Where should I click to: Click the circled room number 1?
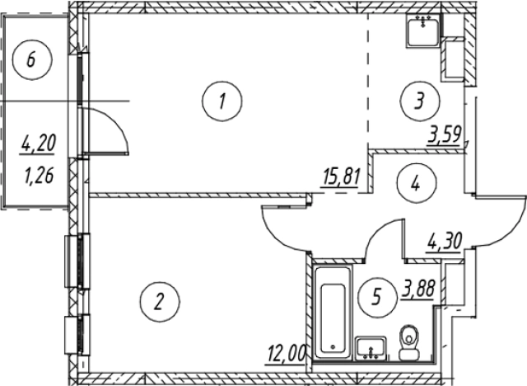click(222, 101)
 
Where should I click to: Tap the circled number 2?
click(160, 302)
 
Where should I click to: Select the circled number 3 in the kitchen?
click(420, 101)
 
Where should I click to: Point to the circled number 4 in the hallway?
click(416, 183)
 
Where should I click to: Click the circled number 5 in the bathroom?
click(378, 297)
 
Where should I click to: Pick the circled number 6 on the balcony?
click(32, 59)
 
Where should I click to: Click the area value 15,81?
click(341, 179)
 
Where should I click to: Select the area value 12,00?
click(287, 353)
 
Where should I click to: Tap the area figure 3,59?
click(443, 134)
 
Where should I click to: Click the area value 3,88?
click(419, 289)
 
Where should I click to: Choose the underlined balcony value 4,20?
click(38, 144)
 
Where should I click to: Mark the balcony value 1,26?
click(39, 177)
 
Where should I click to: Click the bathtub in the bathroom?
click(333, 313)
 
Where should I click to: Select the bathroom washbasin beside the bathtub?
click(371, 348)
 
